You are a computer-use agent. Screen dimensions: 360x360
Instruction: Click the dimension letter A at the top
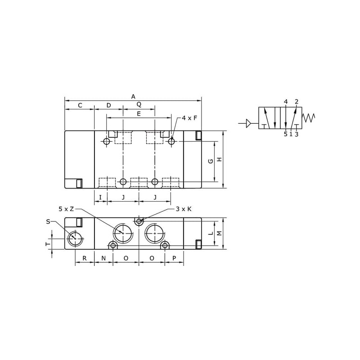click(133, 97)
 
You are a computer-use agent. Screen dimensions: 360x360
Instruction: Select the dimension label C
click(80, 105)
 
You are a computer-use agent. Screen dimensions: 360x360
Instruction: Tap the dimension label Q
click(139, 104)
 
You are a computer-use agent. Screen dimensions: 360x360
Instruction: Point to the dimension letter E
click(139, 114)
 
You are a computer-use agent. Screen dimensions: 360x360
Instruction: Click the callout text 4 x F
click(189, 118)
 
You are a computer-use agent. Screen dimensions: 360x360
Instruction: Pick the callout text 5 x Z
click(66, 209)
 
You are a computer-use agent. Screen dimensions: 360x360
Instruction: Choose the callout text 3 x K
click(184, 209)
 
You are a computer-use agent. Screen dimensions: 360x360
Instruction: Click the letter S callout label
click(48, 221)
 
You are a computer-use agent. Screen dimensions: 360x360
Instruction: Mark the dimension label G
click(211, 161)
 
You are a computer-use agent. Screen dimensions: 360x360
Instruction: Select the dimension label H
click(220, 159)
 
